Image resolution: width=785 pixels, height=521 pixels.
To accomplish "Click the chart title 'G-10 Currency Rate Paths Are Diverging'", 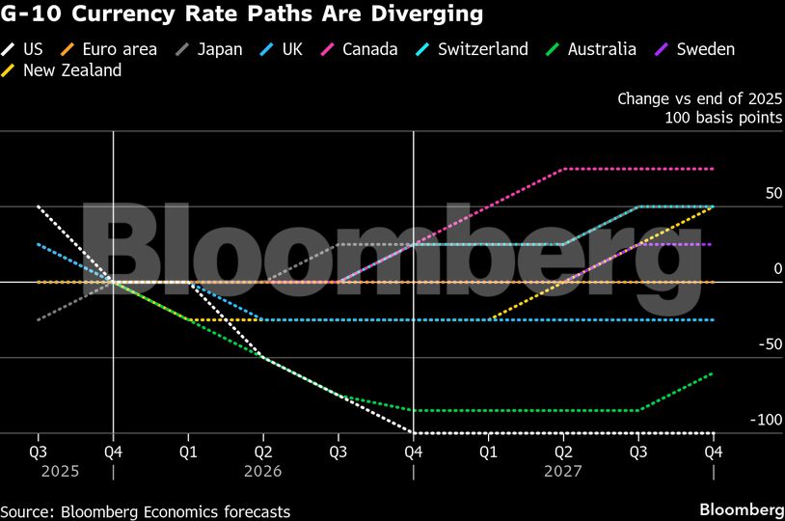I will [x=242, y=15].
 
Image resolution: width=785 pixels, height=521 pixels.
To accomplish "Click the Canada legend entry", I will [x=363, y=48].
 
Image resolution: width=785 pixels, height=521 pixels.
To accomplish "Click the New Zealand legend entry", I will [x=68, y=70].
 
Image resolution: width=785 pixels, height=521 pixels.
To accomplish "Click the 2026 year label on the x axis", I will [x=263, y=472].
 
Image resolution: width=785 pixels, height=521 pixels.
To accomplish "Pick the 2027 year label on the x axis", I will [x=562, y=472].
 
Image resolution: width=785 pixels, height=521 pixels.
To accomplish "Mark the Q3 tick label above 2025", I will [x=39, y=451].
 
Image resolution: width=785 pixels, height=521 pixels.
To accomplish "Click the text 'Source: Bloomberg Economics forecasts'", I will [x=146, y=511].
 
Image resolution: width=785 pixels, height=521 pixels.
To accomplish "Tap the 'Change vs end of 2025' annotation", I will [x=699, y=98].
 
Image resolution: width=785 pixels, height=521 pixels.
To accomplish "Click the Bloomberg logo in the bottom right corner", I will [x=741, y=509].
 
